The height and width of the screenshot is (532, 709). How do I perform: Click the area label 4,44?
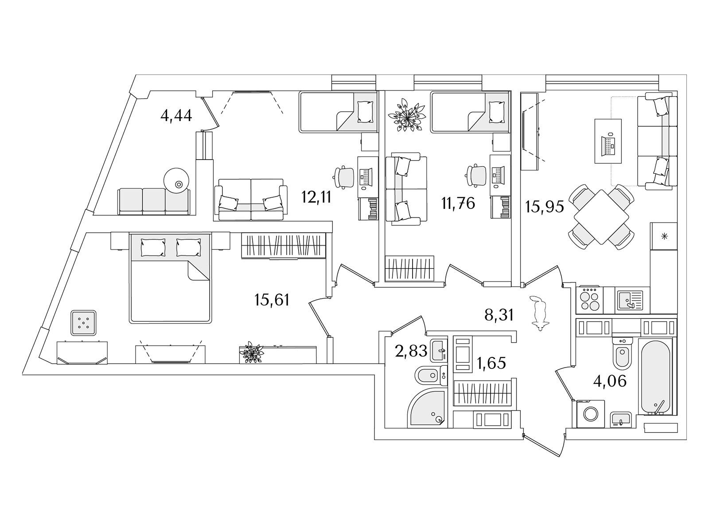tap(176, 116)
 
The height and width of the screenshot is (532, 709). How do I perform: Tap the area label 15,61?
tap(272, 300)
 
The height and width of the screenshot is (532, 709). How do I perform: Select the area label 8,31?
tap(499, 315)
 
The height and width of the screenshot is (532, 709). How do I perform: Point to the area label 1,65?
tap(491, 363)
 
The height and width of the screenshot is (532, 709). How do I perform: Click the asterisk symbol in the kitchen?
tap(664, 236)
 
